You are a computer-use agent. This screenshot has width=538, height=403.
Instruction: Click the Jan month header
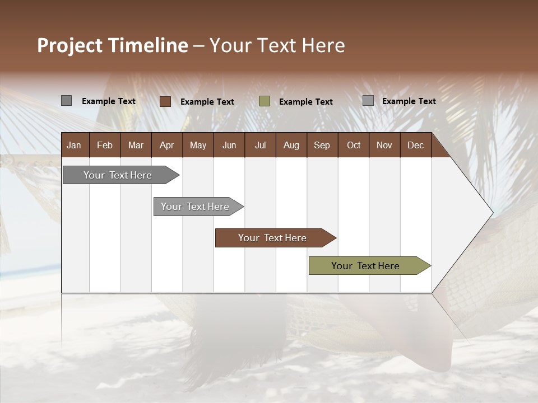point(74,145)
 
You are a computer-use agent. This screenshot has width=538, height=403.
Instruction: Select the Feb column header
point(105,145)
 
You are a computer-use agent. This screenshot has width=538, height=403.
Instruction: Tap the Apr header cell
point(166,145)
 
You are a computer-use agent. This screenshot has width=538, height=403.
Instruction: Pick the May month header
point(198,145)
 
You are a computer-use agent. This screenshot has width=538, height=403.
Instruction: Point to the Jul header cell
point(260,145)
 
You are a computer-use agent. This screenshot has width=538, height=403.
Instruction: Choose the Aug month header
point(291,145)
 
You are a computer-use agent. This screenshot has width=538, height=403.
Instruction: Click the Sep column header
point(322,145)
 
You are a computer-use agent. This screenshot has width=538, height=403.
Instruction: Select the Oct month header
point(354,145)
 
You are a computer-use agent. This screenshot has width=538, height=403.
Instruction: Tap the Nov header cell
point(384,145)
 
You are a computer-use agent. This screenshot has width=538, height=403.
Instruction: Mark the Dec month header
point(415,145)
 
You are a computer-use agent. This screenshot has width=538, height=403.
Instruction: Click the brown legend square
point(165,101)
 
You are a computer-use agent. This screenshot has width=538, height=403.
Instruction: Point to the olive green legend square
point(265,101)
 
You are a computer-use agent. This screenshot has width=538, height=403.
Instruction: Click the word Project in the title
point(70,45)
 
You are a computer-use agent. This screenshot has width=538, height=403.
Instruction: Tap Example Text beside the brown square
point(207,102)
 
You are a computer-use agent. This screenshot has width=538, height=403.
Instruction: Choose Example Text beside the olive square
point(306,102)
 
